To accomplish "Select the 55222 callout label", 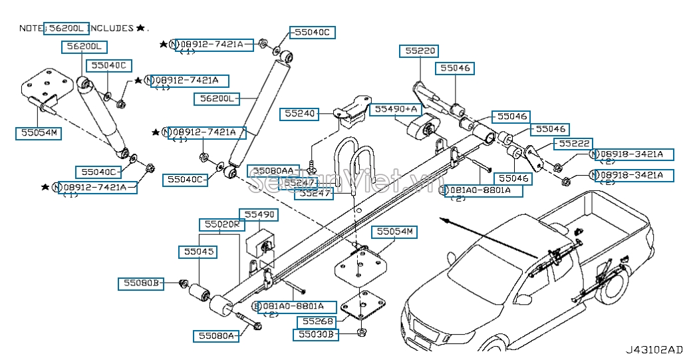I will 574,143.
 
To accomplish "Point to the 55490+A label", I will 396,108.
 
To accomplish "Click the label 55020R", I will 221,224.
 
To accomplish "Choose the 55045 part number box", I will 197,252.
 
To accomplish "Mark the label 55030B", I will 316,335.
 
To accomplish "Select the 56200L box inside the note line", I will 66,28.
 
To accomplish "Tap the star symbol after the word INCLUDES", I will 140,28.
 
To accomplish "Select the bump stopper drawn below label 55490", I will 262,244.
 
